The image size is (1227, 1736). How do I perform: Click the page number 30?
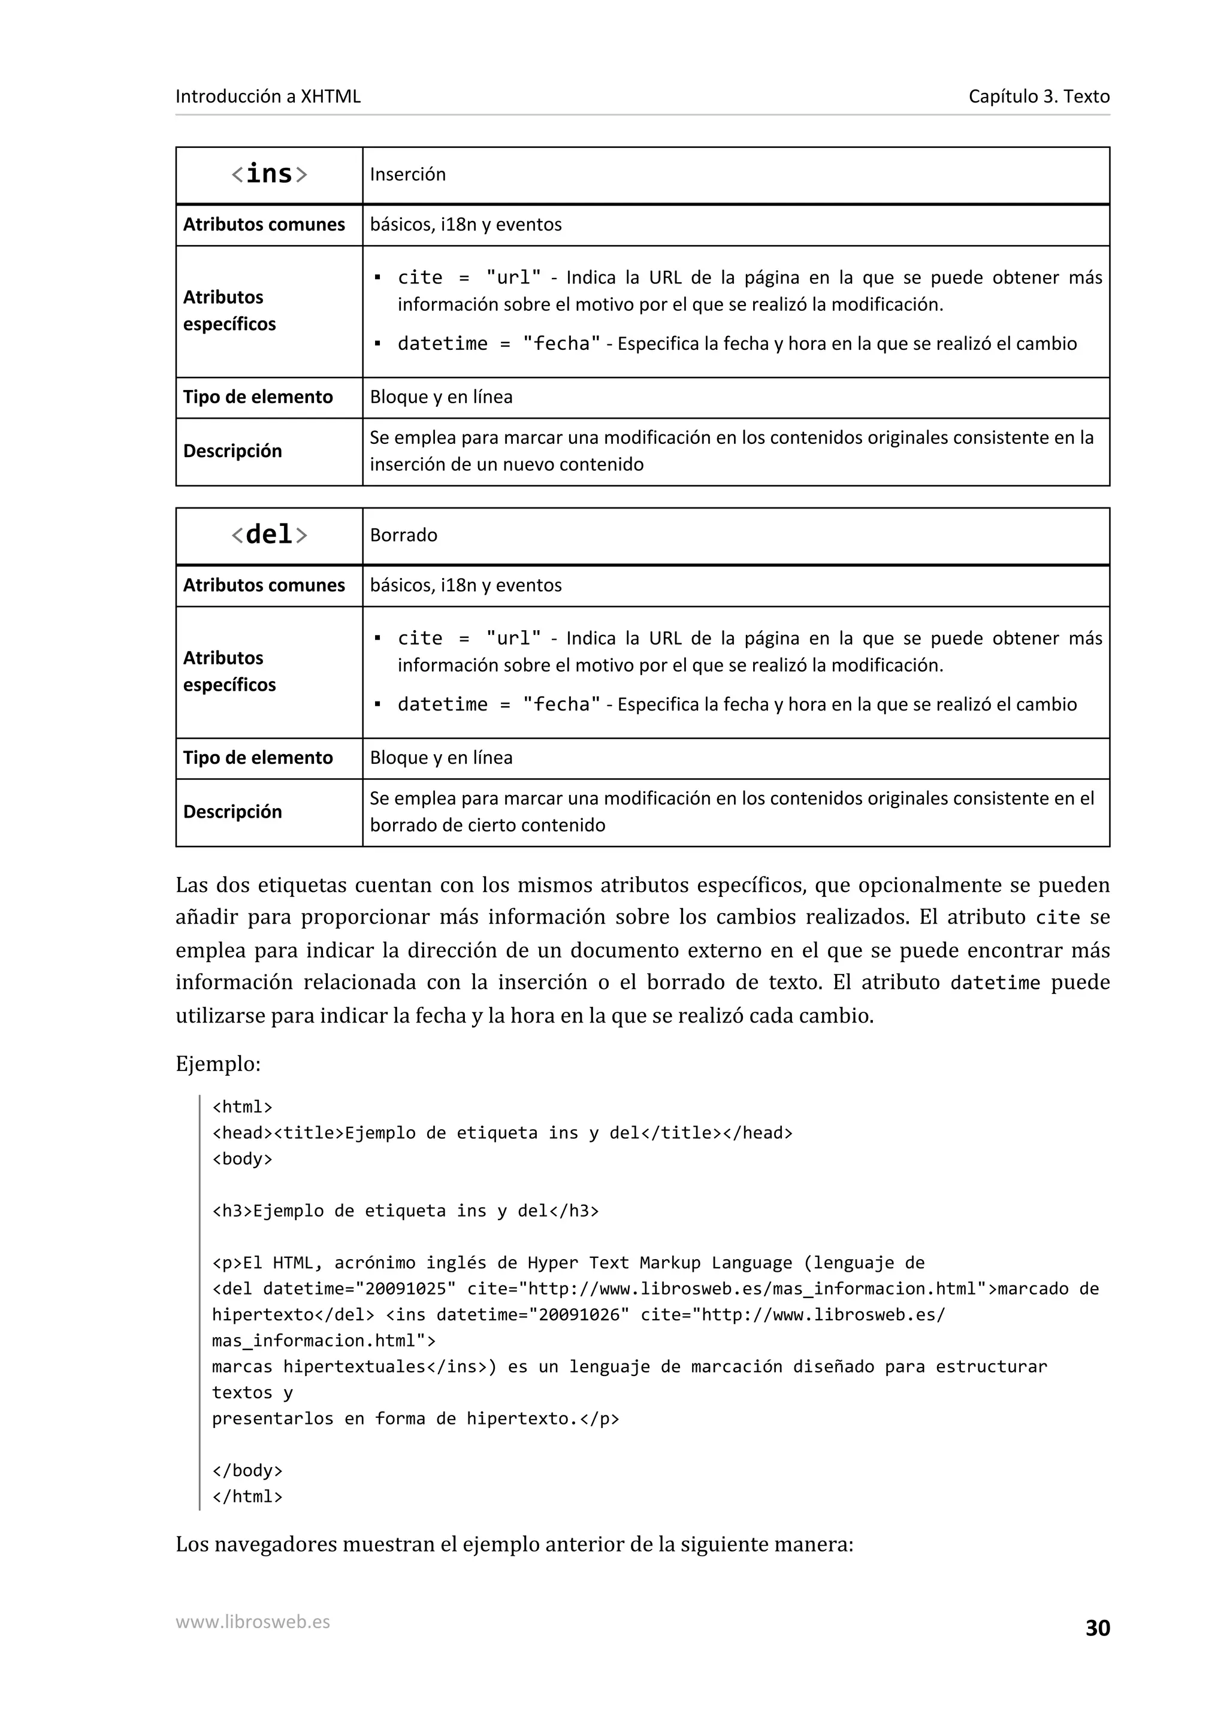coord(1097,1628)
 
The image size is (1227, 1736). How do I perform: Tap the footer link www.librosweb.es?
coord(252,1622)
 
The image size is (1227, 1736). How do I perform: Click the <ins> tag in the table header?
coord(269,175)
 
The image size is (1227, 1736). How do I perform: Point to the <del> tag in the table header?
coord(269,536)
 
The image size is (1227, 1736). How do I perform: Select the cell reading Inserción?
coord(407,175)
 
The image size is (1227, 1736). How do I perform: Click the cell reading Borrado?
coord(404,536)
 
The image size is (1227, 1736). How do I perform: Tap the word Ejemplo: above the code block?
coord(217,1064)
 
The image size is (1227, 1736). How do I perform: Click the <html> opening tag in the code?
coord(242,1107)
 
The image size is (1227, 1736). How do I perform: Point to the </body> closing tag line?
coord(247,1471)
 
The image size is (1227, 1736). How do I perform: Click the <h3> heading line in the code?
coord(405,1211)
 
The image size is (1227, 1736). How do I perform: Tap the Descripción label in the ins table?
coord(232,452)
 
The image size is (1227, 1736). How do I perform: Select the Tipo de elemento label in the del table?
coord(258,758)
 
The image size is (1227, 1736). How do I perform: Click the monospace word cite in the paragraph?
coord(1057,918)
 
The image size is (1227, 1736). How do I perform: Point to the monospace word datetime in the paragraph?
coord(995,983)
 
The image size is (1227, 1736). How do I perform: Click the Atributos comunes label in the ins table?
coord(264,225)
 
